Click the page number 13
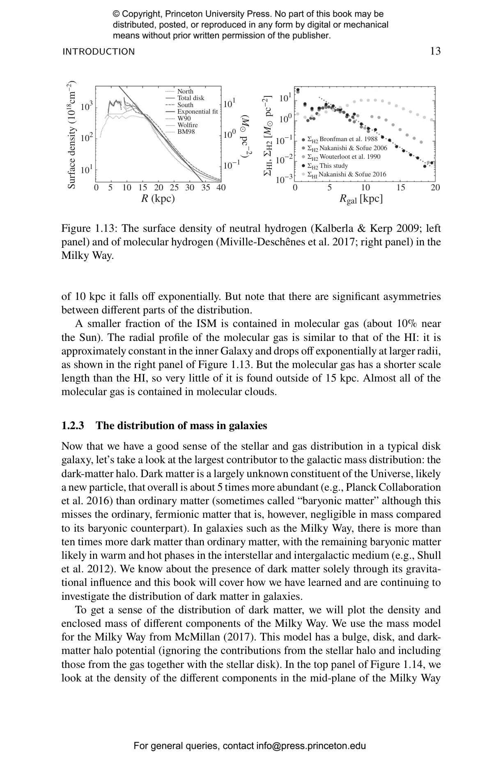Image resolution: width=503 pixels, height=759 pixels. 435,51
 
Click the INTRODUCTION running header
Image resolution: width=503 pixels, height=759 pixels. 99,52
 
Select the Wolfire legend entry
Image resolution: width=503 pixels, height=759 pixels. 187,125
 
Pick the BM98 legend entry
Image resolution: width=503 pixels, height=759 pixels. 186,132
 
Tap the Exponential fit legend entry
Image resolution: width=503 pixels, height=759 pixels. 197,112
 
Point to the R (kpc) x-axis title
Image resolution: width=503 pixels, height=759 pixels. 158,199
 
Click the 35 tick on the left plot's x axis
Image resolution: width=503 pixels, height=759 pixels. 205,188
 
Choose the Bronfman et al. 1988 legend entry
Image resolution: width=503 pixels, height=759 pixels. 342,139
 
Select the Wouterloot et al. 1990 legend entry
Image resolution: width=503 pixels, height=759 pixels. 344,157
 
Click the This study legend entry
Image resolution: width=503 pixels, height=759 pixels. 327,166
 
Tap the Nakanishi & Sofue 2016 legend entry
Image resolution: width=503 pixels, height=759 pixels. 347,174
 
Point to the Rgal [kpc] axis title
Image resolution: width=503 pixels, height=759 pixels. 361,199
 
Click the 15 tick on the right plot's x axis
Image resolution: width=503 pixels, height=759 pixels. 400,188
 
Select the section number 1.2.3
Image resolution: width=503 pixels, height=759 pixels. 73,425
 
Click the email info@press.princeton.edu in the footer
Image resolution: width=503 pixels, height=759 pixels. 311,745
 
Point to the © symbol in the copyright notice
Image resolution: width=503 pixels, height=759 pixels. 116,14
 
